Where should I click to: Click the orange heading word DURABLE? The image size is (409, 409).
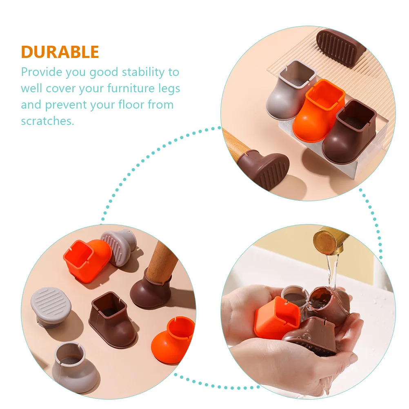pyautogui.click(x=60, y=52)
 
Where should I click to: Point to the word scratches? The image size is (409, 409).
pyautogui.click(x=47, y=121)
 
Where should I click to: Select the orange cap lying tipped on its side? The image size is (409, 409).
pyautogui.click(x=87, y=260)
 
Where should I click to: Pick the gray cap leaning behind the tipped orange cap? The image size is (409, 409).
pyautogui.click(x=118, y=245)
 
